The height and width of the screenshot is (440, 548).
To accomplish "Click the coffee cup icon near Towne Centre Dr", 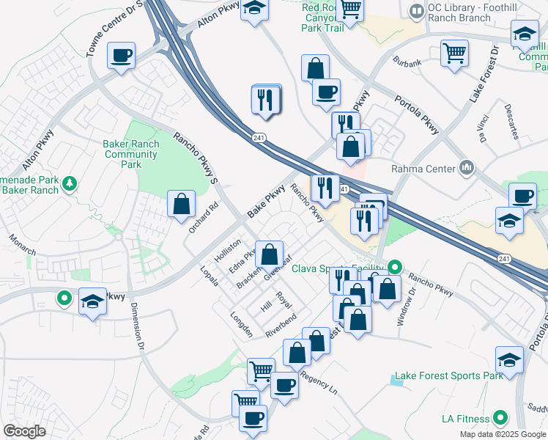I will (121, 56).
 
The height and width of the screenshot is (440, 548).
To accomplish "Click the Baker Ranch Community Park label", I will (132, 155).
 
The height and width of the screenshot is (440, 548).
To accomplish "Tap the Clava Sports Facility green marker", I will (396, 268).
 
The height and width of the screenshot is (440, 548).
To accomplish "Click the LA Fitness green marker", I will (501, 419).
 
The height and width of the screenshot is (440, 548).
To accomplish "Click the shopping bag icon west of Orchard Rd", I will (181, 204).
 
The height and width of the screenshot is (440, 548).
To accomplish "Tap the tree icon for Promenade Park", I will (70, 183).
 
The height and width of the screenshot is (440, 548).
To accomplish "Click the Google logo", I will (25, 430).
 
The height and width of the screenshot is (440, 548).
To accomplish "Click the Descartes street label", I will (511, 122).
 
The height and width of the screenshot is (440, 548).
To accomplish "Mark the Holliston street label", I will (227, 250).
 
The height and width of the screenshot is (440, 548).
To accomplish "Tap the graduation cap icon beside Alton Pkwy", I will (254, 10).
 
